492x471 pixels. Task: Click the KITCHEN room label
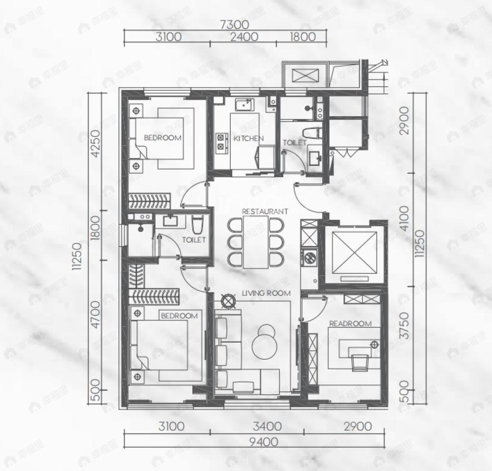pos(248,138)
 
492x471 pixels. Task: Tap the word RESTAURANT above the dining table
pos(265,211)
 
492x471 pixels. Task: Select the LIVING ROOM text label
pos(266,293)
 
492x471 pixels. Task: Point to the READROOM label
pos(350,323)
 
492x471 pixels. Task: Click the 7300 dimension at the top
pos(235,25)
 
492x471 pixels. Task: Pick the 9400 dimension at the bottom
pos(264,442)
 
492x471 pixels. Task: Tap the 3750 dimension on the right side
pos(405,325)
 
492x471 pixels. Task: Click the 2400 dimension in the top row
pos(244,37)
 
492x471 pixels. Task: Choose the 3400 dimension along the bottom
pos(267,426)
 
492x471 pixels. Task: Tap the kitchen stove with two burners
pos(221,142)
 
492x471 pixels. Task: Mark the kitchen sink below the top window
pos(245,105)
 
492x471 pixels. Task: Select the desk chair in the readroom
pos(360,362)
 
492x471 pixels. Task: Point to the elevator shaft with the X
pos(354,253)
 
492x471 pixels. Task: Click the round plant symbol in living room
pos(229,301)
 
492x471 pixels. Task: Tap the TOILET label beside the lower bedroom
pos(194,240)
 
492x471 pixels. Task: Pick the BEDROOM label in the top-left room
pos(162,137)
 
